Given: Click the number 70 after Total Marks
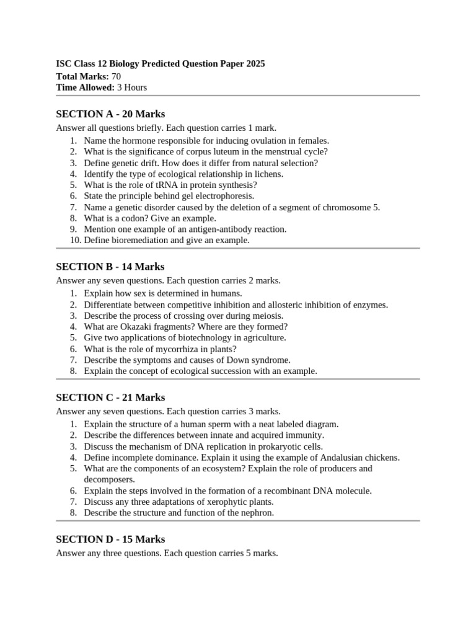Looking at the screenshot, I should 117,76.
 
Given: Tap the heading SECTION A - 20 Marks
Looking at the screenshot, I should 110,114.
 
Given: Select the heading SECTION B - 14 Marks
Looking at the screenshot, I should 110,267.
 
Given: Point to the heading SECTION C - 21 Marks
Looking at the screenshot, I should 110,397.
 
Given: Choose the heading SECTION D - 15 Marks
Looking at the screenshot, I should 110,539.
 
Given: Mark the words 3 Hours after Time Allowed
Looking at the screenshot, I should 132,87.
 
